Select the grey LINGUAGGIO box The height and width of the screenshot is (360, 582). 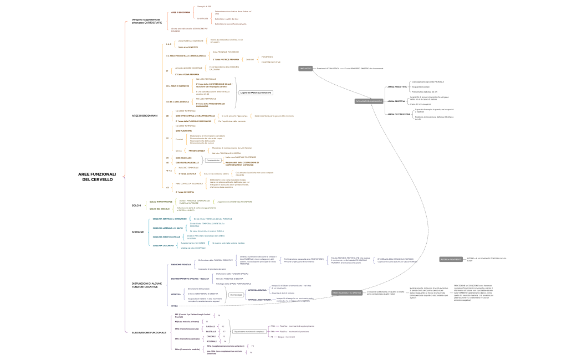point(305,68)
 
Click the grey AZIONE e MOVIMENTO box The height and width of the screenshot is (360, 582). point(451,259)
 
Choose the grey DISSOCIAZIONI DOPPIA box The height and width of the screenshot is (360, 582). point(346,292)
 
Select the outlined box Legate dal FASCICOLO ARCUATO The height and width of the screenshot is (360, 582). point(256,92)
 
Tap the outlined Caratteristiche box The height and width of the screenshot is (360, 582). point(213,160)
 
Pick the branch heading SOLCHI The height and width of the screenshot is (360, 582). point(136,205)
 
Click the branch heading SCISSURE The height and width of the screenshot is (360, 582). point(137,232)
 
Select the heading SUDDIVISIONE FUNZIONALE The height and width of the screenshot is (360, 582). point(145,332)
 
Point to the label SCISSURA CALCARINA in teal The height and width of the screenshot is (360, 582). point(163,245)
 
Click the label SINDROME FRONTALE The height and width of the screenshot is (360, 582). point(181,265)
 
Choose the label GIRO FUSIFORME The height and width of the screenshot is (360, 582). point(182,131)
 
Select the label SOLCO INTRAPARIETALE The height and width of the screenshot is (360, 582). point(161,202)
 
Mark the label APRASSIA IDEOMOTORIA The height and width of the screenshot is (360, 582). point(259,300)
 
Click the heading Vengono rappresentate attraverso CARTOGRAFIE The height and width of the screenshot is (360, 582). point(147,21)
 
